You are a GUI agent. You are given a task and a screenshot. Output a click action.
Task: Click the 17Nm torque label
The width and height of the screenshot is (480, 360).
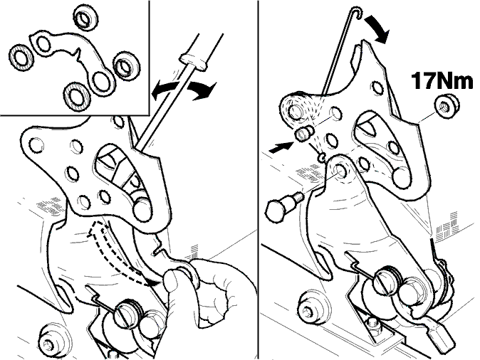[x=442, y=80]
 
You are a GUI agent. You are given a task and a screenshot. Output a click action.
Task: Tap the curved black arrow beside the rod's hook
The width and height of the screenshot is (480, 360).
[x=377, y=29]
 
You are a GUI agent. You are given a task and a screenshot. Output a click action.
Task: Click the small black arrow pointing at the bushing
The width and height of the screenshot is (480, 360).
[x=280, y=147]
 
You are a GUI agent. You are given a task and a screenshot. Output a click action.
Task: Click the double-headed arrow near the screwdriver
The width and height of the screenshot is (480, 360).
[x=184, y=90]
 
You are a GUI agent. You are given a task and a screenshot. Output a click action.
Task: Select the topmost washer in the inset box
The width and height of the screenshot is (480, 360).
[x=85, y=17]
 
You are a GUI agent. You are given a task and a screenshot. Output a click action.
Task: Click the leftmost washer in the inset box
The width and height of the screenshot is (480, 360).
[x=21, y=57]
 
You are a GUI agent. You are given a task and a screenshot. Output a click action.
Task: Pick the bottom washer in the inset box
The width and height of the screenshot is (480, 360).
[x=76, y=95]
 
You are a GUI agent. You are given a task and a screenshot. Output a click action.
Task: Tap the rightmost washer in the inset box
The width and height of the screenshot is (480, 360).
[x=127, y=65]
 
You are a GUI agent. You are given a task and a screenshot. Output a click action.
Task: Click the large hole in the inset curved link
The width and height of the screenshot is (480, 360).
[x=102, y=80]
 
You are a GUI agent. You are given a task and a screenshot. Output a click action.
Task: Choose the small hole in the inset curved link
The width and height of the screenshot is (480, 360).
[x=43, y=43]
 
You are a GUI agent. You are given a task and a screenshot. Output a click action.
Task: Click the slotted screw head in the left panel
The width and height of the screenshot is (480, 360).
[x=126, y=314]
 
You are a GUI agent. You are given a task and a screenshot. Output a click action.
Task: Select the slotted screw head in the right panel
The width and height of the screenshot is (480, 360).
[x=385, y=280]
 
